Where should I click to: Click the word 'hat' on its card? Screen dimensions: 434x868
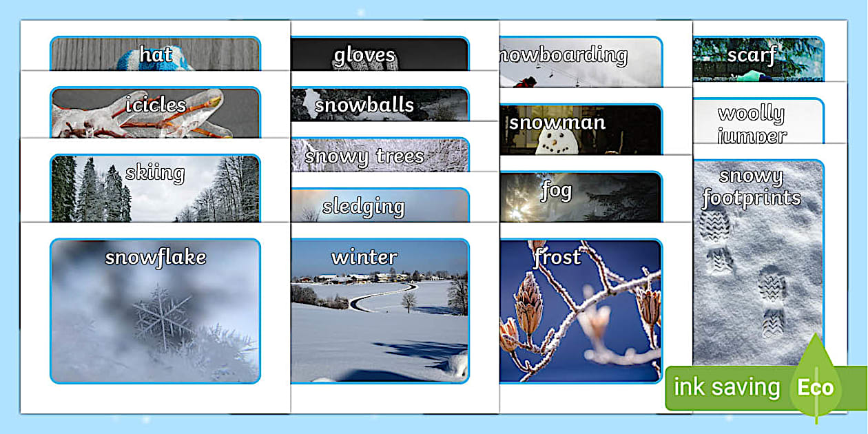[156, 54]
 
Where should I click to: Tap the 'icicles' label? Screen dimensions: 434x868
[156, 105]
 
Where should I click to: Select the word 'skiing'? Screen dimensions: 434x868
[155, 172]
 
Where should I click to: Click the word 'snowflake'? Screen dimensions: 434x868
[156, 257]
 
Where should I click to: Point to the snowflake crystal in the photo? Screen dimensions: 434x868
[164, 318]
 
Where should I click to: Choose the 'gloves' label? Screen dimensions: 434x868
[364, 54]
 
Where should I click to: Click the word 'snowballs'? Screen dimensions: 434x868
[364, 105]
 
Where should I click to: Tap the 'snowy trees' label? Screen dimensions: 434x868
[364, 156]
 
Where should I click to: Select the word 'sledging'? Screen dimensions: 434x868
[363, 207]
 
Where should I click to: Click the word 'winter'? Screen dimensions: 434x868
[364, 257]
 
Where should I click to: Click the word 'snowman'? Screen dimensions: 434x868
[557, 123]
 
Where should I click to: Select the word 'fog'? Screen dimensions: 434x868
[556, 190]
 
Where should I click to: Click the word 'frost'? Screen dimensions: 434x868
[557, 257]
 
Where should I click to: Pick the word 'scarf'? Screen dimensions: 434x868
[752, 54]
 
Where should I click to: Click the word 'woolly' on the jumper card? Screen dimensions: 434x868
[751, 112]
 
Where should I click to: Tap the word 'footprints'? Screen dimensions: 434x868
[752, 198]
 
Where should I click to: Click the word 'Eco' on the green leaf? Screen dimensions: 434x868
[816, 387]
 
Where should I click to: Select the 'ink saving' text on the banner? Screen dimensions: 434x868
[726, 387]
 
